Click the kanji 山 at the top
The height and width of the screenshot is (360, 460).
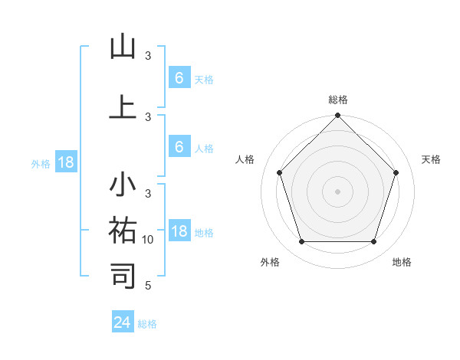click(123, 47)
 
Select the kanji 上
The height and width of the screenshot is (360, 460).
click(123, 106)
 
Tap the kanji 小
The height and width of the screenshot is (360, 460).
click(123, 186)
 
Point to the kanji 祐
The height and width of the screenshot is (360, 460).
click(123, 230)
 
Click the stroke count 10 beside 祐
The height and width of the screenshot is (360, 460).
click(149, 240)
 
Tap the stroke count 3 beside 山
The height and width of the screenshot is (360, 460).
click(148, 56)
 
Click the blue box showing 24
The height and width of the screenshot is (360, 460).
click(122, 322)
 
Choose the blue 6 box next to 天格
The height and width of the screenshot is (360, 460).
click(179, 77)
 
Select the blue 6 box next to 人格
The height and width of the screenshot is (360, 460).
click(179, 146)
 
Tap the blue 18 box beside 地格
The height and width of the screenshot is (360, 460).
click(179, 231)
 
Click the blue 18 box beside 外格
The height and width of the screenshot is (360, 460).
click(65, 162)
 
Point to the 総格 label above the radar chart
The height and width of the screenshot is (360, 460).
click(337, 100)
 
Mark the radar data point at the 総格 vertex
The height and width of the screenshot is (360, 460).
click(337, 116)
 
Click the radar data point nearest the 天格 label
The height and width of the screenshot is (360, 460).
click(396, 172)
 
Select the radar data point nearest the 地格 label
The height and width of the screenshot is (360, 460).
click(373, 242)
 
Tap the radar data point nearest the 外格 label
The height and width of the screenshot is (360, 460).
click(301, 242)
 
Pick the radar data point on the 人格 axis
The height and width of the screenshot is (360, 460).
click(279, 172)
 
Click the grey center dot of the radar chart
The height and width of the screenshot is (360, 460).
click(337, 191)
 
